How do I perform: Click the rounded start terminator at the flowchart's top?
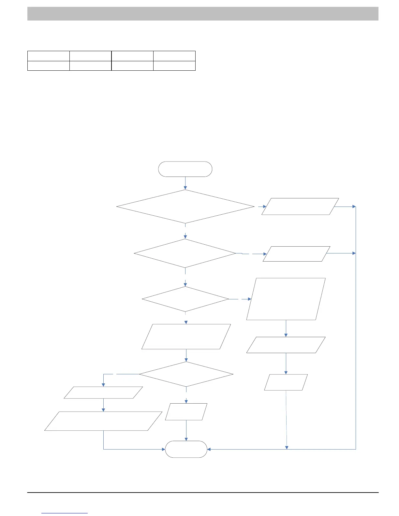point(185,169)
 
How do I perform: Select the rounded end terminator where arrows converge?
point(186,449)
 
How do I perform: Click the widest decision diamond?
point(185,207)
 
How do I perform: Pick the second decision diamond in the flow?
point(185,253)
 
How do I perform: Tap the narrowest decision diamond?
point(185,299)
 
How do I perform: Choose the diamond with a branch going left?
point(186,374)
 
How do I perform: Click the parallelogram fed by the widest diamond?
point(300,207)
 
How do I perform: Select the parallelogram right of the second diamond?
point(296,254)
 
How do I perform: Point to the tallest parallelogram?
point(286,299)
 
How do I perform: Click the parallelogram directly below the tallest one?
point(286,345)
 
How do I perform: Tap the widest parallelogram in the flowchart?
point(103,421)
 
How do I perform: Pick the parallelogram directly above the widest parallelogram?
point(103,393)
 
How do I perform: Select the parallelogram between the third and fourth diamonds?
point(186,337)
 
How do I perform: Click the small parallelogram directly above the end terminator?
point(186,412)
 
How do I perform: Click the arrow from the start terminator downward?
point(185,183)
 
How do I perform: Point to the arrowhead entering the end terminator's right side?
point(209,449)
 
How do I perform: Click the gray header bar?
point(203,14)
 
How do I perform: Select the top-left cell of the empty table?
point(49,56)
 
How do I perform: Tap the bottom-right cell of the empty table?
point(174,66)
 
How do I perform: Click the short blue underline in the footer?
point(65,513)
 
